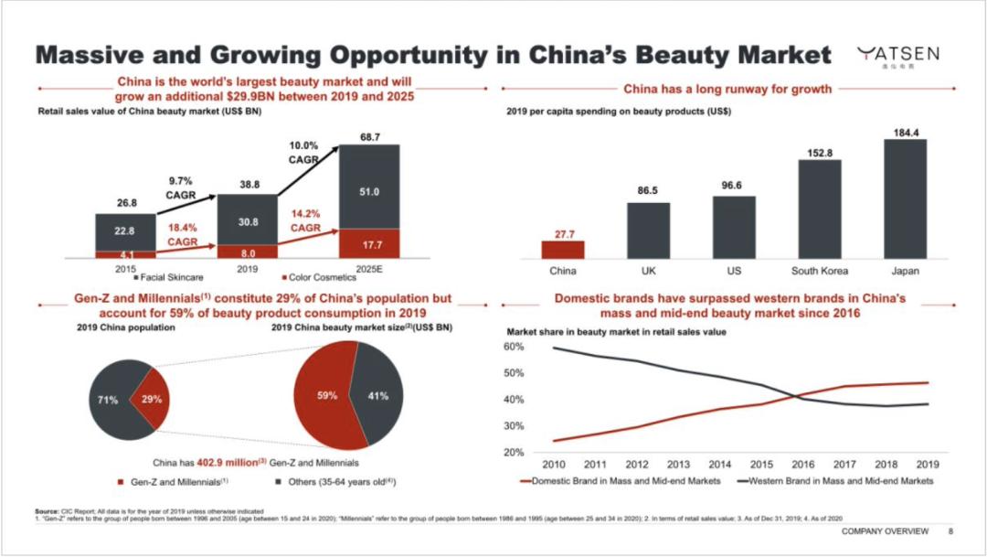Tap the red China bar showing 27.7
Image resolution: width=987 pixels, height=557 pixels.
click(x=562, y=249)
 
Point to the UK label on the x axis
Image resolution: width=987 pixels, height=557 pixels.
click(x=648, y=271)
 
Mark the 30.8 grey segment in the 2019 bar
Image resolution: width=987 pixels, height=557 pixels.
click(x=247, y=222)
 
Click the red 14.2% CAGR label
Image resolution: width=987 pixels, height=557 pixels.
click(x=305, y=219)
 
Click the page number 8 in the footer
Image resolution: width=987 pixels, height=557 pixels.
click(x=950, y=531)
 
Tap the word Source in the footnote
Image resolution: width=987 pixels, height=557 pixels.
click(x=48, y=509)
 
